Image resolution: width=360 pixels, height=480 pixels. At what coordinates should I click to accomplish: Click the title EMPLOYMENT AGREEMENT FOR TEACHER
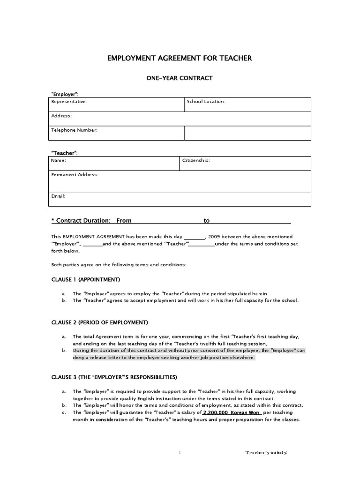180,58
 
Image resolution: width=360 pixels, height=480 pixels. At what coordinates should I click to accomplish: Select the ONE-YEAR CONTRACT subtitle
180,78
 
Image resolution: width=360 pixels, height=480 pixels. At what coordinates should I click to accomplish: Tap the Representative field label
69,102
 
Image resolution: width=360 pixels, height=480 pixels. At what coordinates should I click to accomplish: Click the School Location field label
206,102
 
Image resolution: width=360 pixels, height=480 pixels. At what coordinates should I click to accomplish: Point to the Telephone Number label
74,130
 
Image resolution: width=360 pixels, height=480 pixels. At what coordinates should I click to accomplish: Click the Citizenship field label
196,160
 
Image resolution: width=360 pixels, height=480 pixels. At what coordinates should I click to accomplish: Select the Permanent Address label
75,174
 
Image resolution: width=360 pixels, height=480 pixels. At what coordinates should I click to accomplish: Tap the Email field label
58,196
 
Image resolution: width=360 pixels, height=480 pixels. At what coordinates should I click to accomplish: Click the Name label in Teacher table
59,160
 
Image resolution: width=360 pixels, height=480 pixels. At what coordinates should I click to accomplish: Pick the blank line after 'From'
167,221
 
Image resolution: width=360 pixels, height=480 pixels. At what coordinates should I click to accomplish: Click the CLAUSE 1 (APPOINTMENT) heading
85,279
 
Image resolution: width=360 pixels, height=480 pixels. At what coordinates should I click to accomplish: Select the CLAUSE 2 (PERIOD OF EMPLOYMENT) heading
99,322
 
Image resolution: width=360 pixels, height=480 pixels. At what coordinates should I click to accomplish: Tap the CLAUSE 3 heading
114,377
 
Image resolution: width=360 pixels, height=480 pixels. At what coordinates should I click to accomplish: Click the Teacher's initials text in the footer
266,453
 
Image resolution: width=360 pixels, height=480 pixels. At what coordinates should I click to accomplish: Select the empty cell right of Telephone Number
247,133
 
